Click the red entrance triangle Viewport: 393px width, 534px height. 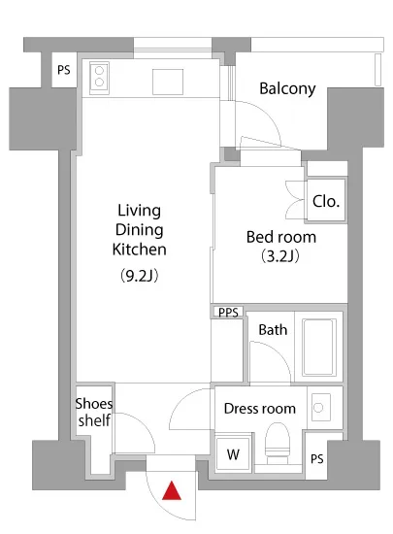(x=172, y=491)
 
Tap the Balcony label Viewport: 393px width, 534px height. (x=287, y=89)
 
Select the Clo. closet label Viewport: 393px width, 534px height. (x=326, y=201)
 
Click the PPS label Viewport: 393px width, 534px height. (x=228, y=313)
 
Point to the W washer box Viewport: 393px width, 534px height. (x=233, y=454)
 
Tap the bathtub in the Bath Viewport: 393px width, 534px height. (x=319, y=347)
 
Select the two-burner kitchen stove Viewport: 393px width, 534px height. (x=99, y=78)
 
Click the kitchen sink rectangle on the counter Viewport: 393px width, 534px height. (x=168, y=82)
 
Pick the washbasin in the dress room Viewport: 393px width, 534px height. (x=320, y=408)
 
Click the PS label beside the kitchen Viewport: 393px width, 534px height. (x=64, y=70)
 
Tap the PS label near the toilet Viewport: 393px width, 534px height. (x=316, y=459)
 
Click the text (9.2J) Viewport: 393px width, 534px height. (x=140, y=276)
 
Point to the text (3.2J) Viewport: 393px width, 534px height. (x=280, y=256)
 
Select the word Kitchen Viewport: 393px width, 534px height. (x=139, y=250)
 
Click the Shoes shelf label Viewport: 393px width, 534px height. (x=94, y=412)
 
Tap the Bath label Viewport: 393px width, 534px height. (x=273, y=330)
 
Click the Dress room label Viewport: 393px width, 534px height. (x=260, y=409)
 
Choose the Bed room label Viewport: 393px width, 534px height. (x=281, y=237)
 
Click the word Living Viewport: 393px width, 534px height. (x=139, y=211)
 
